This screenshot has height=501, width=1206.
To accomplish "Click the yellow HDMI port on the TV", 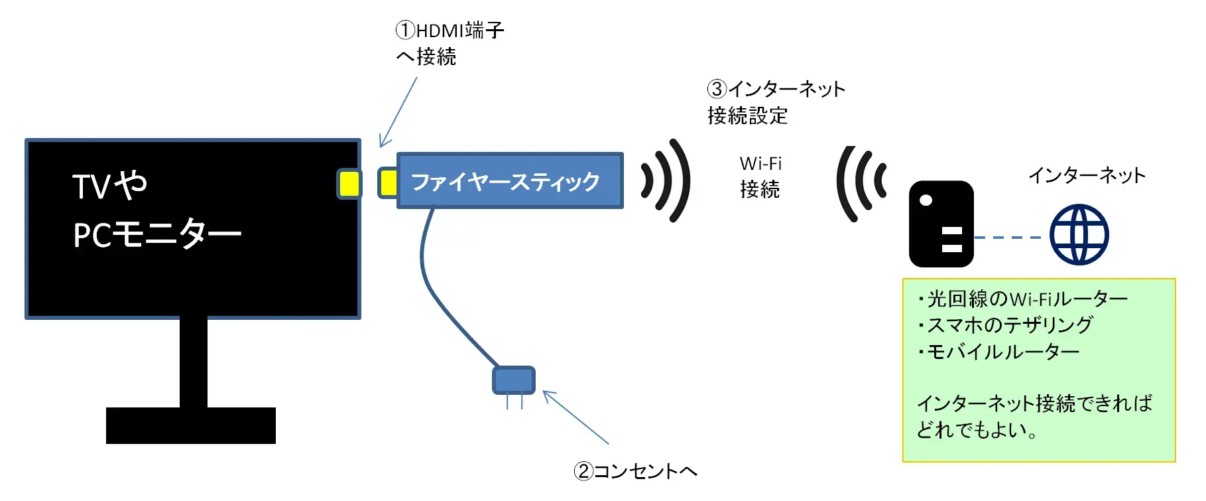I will pos(349,184).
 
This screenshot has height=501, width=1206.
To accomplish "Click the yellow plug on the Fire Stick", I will pos(388,182).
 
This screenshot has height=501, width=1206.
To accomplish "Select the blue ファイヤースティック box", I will pos(509,181).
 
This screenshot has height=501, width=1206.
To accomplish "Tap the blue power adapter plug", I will pos(513,380).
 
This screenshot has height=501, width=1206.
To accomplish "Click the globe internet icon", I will pos(1079,234).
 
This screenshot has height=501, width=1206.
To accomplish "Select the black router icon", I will pos(940,224).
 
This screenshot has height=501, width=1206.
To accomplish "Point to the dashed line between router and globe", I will pos(1008,237).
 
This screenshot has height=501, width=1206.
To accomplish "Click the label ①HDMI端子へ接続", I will pos(449,43).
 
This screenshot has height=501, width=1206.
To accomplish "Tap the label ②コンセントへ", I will pos(635,471).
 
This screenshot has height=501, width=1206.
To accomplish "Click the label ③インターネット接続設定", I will pos(776,102).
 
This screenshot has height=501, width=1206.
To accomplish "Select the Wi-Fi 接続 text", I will pos(760,177).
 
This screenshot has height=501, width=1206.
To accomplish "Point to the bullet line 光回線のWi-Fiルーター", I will pos(1024,299).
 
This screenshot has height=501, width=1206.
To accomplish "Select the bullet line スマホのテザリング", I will pos(1008,325).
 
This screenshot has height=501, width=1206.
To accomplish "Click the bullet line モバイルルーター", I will pos(1001,351).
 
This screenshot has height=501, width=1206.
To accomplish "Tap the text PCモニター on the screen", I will pos(157,234).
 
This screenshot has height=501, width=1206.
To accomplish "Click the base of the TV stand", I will pos(191,425).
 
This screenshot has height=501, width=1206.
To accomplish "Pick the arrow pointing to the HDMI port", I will pos(398,111).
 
